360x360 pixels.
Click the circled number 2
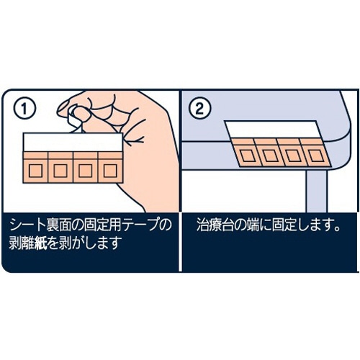pos(199,109)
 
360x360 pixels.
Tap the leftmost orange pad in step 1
pos(35,167)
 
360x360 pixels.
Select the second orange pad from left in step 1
pos(60,167)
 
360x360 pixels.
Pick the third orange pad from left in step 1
pos(86,167)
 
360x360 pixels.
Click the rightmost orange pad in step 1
pos(111,167)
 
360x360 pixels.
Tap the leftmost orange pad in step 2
pos(246,153)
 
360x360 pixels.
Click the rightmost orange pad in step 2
pos(315,153)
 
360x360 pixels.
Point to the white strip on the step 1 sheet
pos(73,142)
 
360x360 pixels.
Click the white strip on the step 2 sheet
pos(273,130)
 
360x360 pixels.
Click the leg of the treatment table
pos(317,192)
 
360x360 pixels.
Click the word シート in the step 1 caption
pos(29,226)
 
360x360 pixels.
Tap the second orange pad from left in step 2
pos(269,153)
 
